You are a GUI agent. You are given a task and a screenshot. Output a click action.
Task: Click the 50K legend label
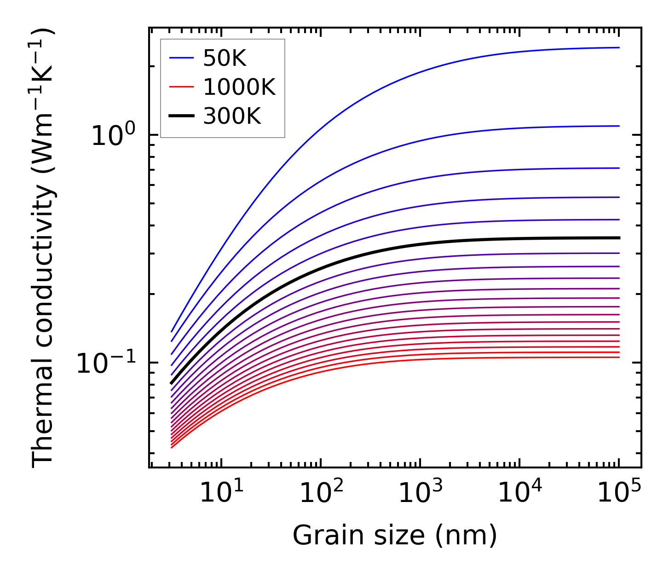point(225,58)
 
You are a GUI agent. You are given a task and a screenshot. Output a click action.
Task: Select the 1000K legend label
point(239,87)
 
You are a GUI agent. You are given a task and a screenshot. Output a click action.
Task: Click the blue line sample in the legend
point(182,58)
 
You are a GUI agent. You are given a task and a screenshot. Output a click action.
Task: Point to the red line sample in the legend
point(182,87)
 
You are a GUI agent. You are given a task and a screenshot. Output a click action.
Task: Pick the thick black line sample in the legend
point(182,116)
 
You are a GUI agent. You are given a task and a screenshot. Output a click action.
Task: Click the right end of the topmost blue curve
point(619,47)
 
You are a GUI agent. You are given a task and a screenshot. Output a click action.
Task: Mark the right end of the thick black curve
point(619,238)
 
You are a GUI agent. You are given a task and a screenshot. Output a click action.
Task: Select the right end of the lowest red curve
point(619,358)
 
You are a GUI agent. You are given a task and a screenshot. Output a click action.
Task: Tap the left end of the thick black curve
point(171,383)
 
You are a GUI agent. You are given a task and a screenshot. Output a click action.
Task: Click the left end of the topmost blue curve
point(171,331)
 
